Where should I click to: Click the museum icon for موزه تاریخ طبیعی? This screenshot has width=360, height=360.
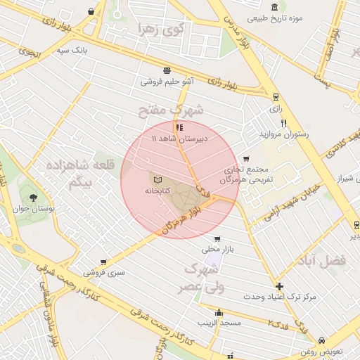[274, 6]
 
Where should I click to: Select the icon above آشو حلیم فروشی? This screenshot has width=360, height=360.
[167, 70]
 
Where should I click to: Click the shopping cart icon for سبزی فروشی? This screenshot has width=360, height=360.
[104, 262]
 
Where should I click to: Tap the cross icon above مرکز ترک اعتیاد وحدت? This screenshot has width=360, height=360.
[280, 286]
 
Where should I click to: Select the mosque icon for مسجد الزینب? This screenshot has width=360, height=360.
[219, 312]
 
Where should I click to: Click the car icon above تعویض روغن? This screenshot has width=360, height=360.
[321, 340]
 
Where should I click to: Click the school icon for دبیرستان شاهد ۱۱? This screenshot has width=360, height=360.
[180, 128]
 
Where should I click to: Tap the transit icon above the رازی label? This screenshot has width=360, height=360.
[274, 97]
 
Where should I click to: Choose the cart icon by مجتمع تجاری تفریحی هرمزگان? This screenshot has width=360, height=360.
[245, 159]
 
